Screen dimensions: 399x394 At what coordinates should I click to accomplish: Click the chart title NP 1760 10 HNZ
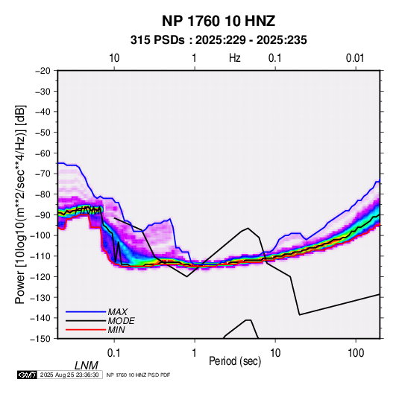point(219,21)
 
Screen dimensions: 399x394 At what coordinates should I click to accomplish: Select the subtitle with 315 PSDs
point(219,40)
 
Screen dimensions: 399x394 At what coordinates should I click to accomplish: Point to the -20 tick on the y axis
point(43,71)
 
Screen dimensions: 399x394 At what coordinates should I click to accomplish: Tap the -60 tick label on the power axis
point(43,153)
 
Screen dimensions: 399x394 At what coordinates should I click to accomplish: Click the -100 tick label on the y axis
point(40,235)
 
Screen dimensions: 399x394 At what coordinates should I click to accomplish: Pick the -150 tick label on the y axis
point(40,339)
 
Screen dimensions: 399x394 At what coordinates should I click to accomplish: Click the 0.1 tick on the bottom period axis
point(113,353)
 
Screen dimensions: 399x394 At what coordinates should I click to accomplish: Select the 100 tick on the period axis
point(356,353)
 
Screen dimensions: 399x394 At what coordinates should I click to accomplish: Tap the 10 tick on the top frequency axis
point(114,58)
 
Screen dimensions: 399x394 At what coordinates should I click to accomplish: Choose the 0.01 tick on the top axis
point(355,58)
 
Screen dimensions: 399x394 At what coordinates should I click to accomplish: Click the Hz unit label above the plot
point(235,58)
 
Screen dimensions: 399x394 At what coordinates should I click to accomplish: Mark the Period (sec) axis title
point(235,361)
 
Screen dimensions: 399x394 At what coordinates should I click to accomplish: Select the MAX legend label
point(117,311)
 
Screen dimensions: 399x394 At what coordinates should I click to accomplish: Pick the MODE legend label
point(121,321)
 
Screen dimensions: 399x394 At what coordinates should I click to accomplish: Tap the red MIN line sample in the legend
point(86,330)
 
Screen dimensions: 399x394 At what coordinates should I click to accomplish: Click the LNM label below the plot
point(86,366)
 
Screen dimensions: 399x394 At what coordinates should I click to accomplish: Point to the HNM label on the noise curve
point(88,211)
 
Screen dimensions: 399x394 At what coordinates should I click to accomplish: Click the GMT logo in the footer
point(28,375)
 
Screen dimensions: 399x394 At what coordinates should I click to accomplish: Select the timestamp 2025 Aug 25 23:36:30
point(69,375)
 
